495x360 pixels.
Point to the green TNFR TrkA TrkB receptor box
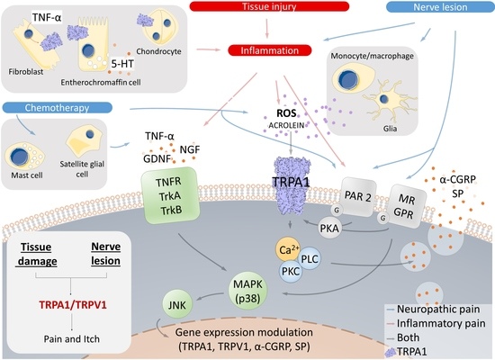[x=171, y=197]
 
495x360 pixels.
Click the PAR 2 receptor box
[x=360, y=189]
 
